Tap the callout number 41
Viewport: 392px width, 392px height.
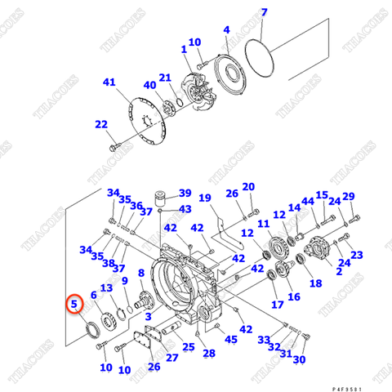pyautogui.click(x=110, y=82)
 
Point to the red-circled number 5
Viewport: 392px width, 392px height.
pyautogui.click(x=74, y=305)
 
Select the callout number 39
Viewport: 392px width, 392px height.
pyautogui.click(x=185, y=194)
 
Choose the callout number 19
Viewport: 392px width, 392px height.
pyautogui.click(x=205, y=198)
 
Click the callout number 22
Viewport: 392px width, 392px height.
pyautogui.click(x=101, y=124)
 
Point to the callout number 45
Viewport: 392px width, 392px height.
pyautogui.click(x=231, y=339)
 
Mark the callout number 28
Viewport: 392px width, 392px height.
pyautogui.click(x=209, y=353)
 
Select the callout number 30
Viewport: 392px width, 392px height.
pyautogui.click(x=299, y=359)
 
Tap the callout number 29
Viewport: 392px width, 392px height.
pyautogui.click(x=349, y=196)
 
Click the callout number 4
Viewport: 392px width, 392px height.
pyautogui.click(x=226, y=30)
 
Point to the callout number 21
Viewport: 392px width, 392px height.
pyautogui.click(x=165, y=78)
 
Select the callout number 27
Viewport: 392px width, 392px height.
pyautogui.click(x=171, y=357)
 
